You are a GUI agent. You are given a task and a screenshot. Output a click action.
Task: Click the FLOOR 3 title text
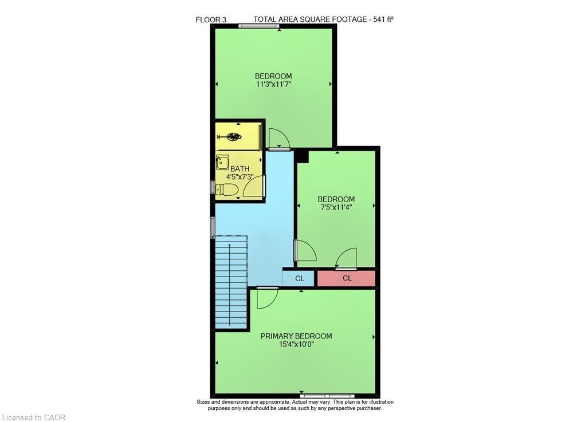coord(211,19)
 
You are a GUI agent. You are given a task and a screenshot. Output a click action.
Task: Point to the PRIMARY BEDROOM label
coord(296,336)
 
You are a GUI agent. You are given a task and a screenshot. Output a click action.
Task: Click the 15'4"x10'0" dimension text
coord(296,344)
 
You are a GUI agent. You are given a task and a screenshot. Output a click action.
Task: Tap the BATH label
coord(240,169)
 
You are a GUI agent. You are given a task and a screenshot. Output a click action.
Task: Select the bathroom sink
coord(222,162)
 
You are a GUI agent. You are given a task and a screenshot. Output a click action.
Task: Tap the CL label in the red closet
coord(347,278)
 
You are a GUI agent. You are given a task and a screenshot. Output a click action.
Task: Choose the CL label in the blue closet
coord(300,278)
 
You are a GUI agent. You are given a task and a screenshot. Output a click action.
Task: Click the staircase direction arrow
coord(230,284)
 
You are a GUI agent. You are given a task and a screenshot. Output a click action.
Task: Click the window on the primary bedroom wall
coord(327,395)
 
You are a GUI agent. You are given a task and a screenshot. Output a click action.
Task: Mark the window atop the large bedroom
coord(259,26)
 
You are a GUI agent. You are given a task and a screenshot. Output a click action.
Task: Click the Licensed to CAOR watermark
coord(34,417)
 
